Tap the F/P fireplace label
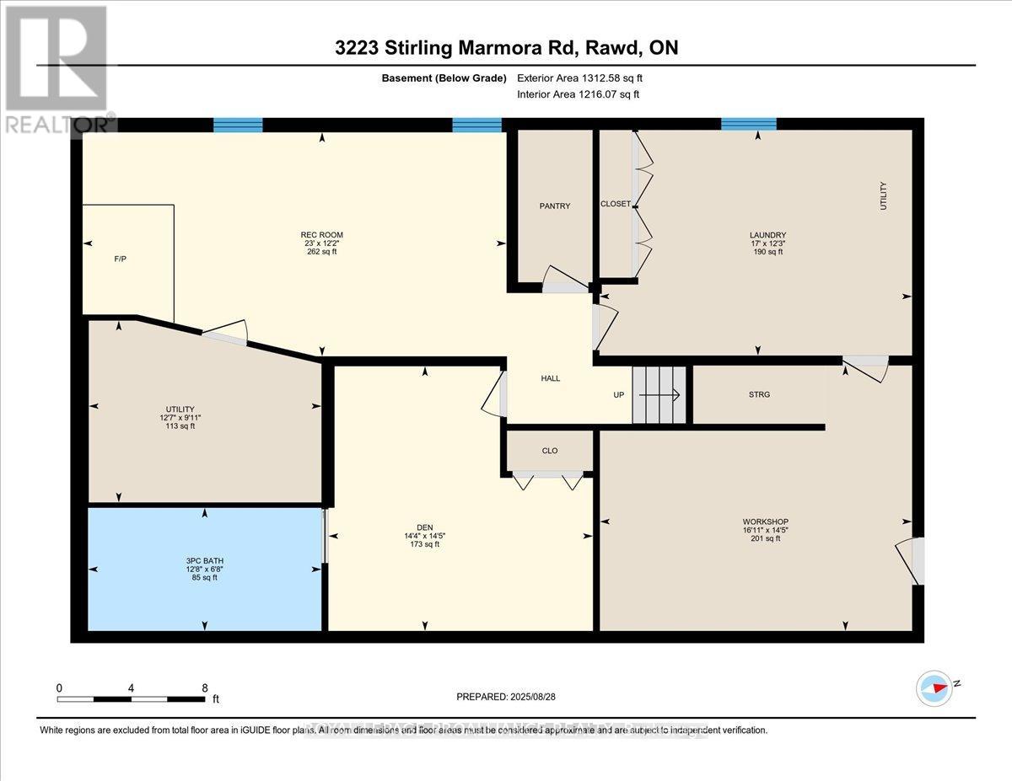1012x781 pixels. point(120,259)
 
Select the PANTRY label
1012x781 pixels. point(555,206)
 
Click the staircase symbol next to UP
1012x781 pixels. point(659,394)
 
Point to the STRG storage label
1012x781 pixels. point(759,394)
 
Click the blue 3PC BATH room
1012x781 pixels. point(204,569)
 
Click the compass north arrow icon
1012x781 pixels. point(934,687)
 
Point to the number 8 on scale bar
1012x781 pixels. point(205,687)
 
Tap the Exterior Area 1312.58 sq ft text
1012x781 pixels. point(585,78)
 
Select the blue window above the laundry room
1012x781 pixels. point(748,125)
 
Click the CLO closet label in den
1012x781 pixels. point(549,451)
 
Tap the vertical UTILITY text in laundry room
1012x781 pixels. point(884,195)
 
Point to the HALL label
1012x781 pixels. point(550,378)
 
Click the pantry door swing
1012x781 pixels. point(563,281)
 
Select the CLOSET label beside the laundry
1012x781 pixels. point(615,204)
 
